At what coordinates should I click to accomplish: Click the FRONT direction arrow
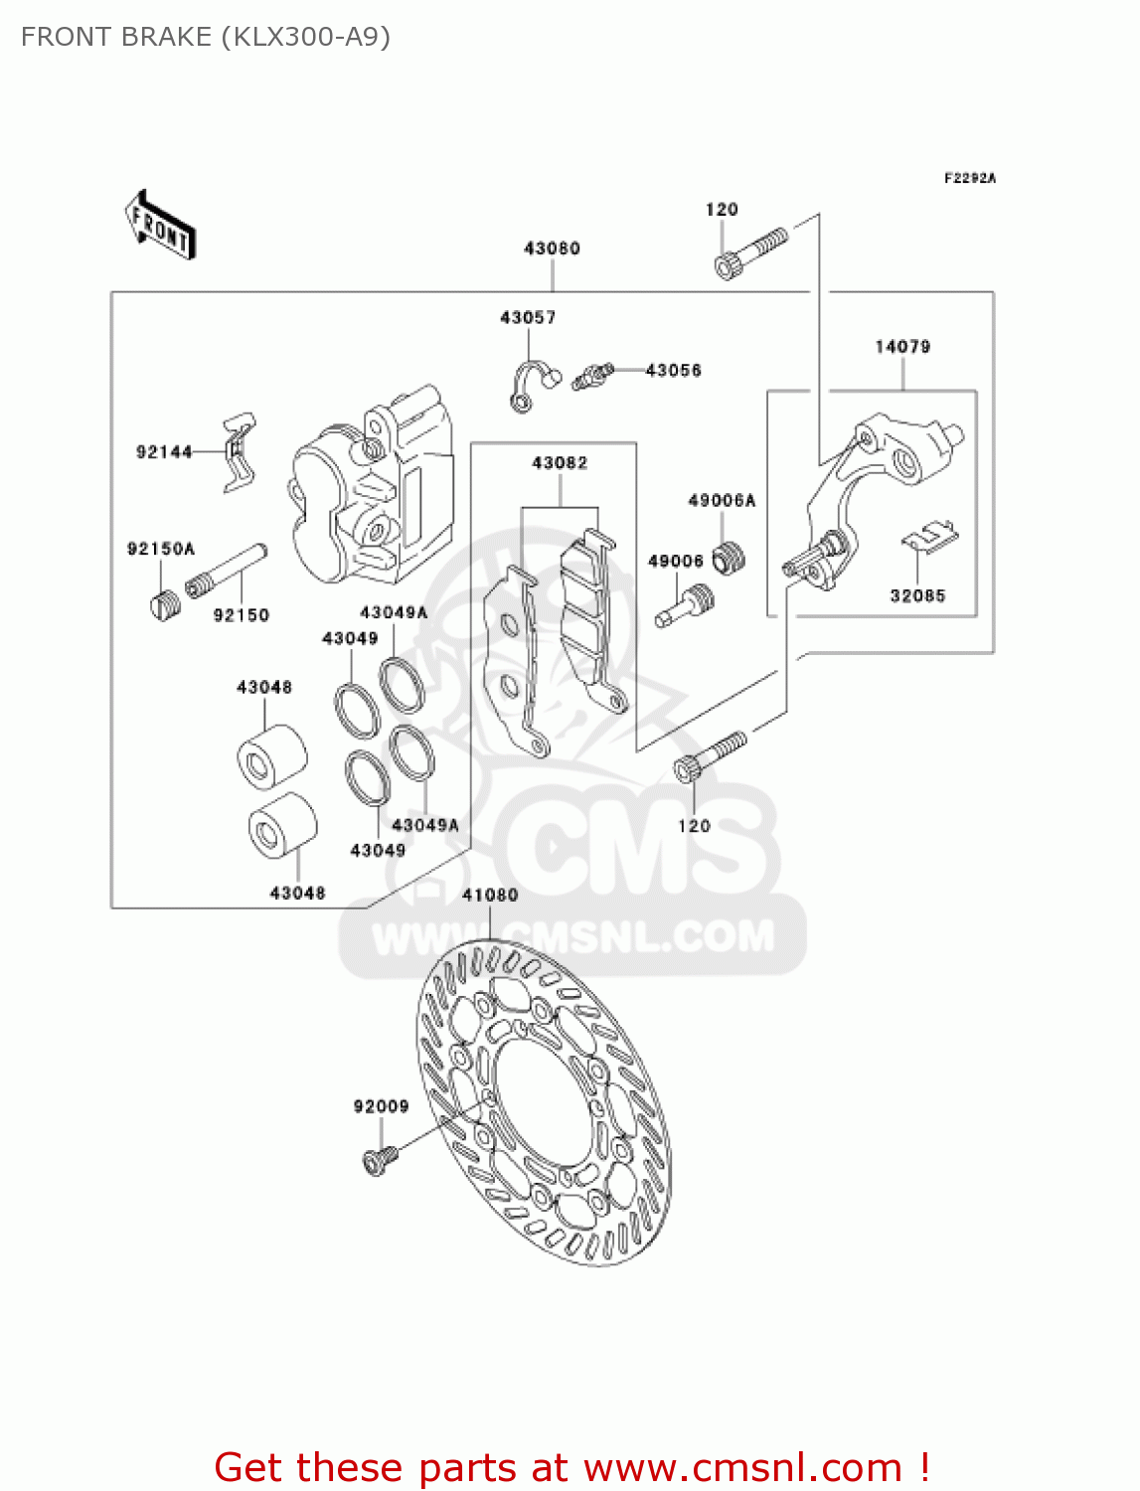pyautogui.click(x=160, y=226)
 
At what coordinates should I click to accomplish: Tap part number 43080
pyautogui.click(x=552, y=248)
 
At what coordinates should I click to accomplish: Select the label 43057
pyautogui.click(x=528, y=318)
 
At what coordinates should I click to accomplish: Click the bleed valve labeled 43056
pyautogui.click(x=594, y=376)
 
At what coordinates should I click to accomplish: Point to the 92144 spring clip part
pyautogui.click(x=239, y=452)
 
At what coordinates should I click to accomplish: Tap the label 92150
pyautogui.click(x=242, y=615)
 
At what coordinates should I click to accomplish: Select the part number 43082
pyautogui.click(x=560, y=463)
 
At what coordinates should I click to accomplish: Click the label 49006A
pyautogui.click(x=722, y=500)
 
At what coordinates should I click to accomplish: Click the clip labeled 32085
pyautogui.click(x=930, y=538)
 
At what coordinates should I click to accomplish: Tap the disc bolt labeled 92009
pyautogui.click(x=379, y=1160)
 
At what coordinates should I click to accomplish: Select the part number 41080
pyautogui.click(x=490, y=896)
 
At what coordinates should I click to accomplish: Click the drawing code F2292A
pyautogui.click(x=969, y=179)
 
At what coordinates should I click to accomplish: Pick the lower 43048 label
pyautogui.click(x=298, y=894)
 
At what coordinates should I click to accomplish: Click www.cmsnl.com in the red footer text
pyautogui.click(x=742, y=1468)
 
